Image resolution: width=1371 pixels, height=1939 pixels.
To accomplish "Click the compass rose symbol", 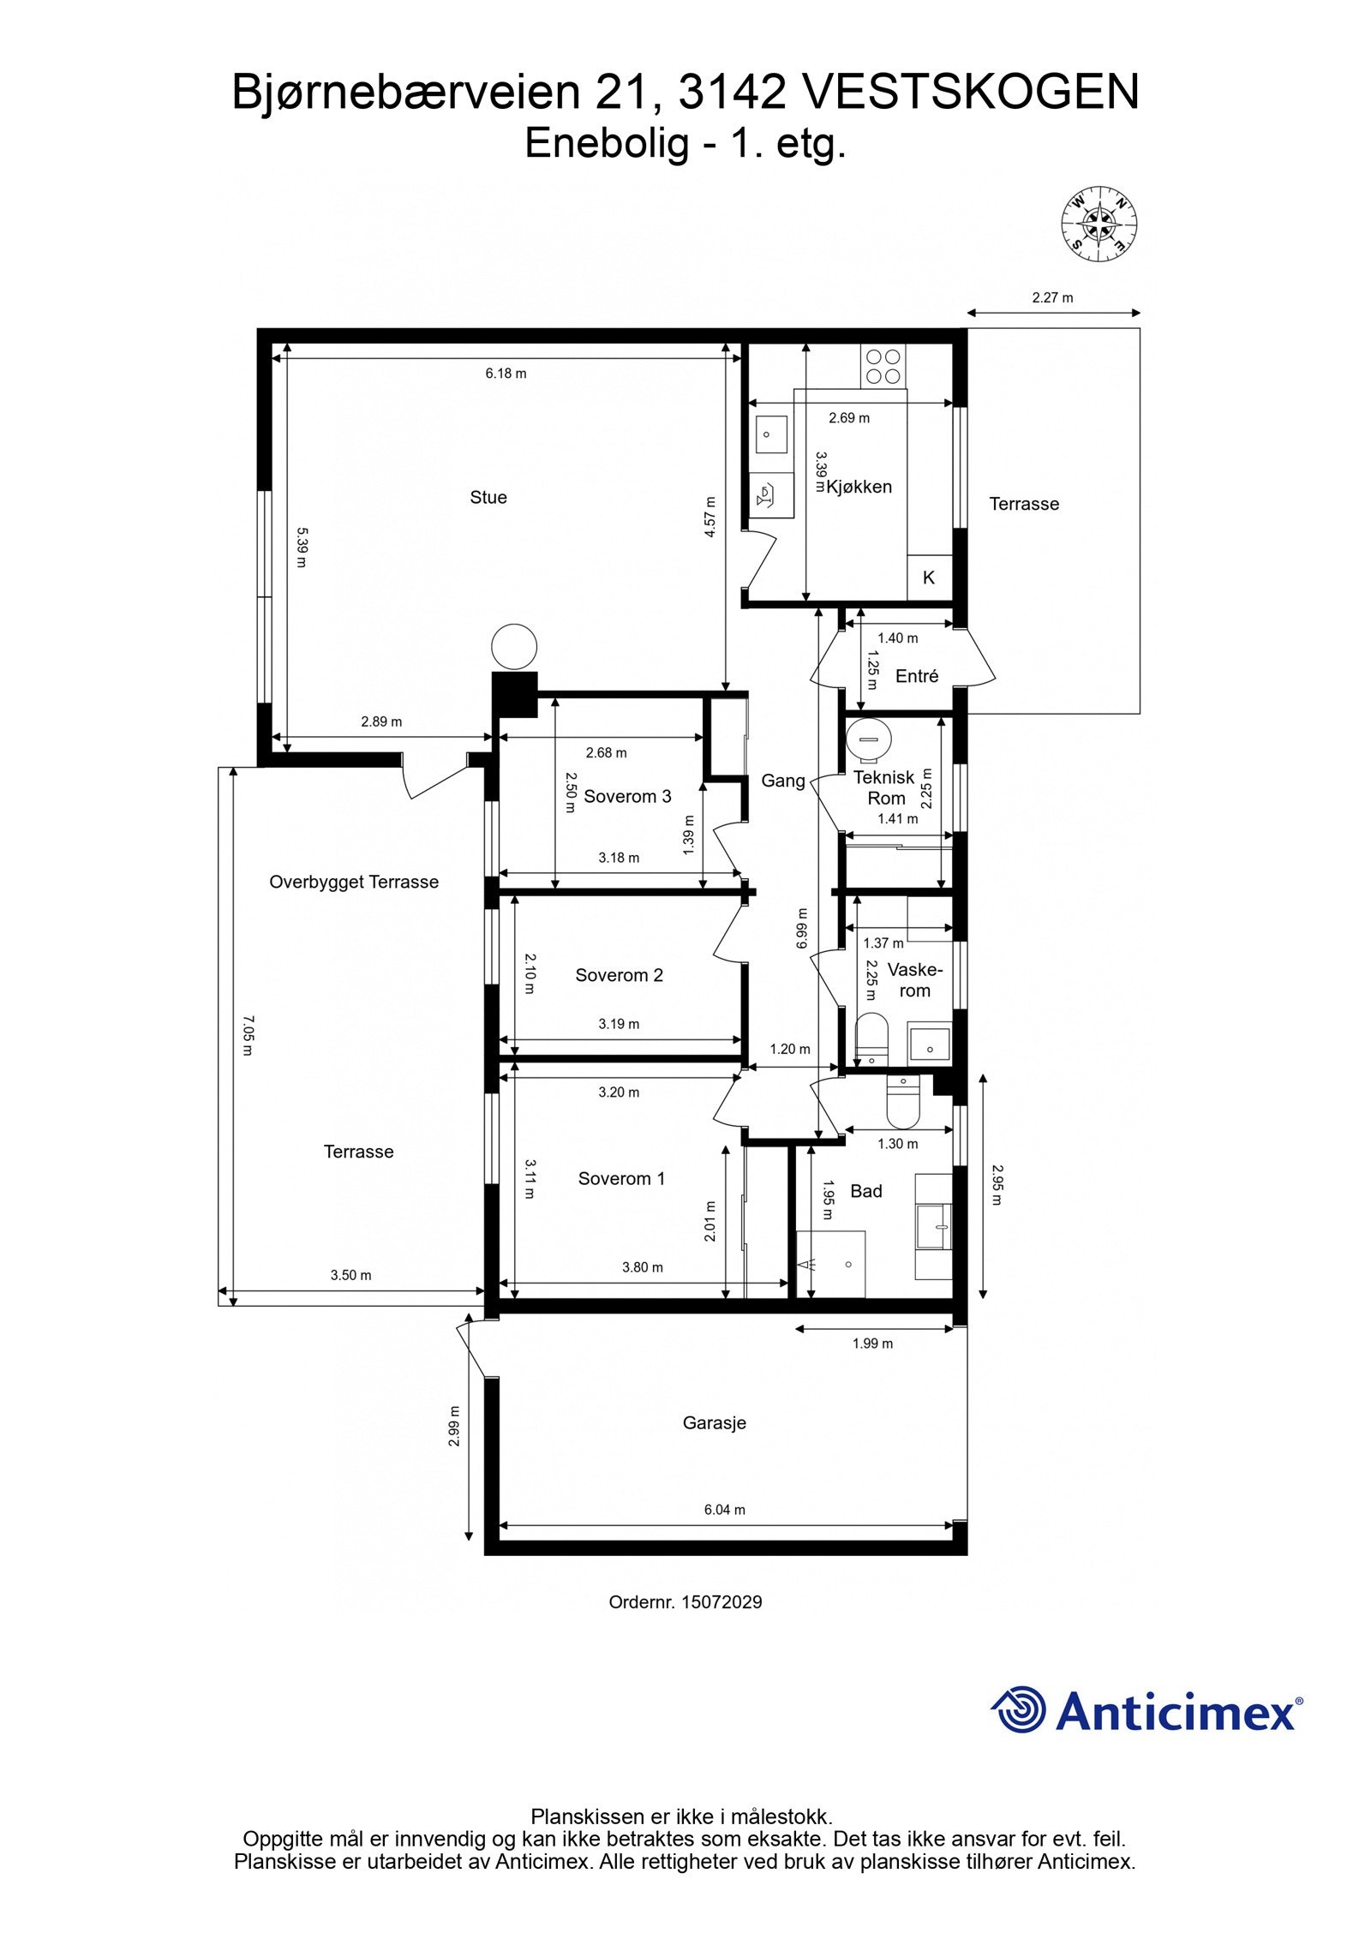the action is [1099, 224].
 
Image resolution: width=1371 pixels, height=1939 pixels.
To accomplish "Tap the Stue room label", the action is [488, 498].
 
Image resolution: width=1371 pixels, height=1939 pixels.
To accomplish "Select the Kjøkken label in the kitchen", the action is [859, 487].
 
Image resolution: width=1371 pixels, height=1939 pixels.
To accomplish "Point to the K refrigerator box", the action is [929, 578].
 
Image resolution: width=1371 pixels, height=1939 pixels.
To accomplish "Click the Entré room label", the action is [917, 676].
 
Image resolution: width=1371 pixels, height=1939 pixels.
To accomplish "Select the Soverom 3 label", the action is [627, 797].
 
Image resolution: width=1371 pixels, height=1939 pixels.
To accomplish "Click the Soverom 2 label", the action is [619, 975].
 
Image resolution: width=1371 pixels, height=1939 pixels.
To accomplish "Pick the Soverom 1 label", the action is [621, 1179].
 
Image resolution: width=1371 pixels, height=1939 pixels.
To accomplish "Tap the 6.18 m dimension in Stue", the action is [506, 374].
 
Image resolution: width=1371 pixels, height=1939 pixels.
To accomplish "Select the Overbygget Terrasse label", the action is [354, 883].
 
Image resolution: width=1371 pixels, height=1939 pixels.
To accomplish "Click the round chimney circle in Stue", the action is [514, 646].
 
